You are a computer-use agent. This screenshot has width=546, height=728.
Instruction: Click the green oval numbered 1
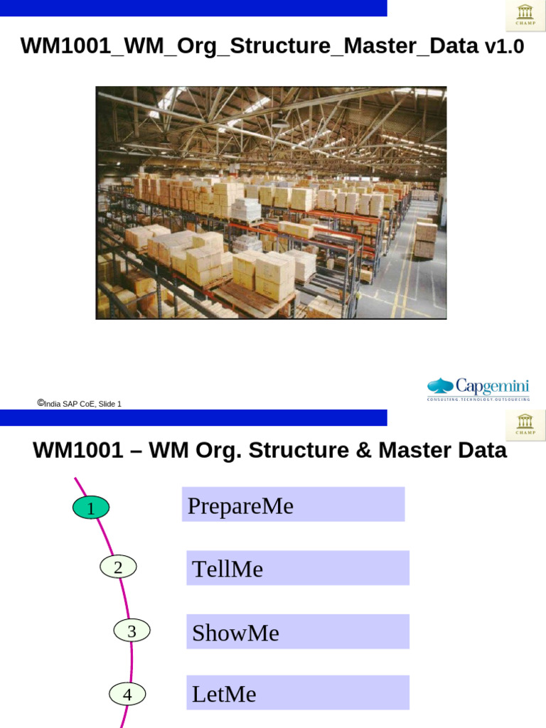click(91, 508)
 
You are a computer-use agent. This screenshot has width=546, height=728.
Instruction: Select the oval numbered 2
click(118, 567)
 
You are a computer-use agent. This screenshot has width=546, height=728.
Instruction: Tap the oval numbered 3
click(132, 631)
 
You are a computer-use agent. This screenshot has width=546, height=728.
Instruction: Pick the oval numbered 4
click(127, 694)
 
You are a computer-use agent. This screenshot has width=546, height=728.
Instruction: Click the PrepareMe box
click(293, 505)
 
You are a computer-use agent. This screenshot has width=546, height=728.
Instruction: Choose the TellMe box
click(297, 568)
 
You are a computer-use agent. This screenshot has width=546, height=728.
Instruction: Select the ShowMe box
click(297, 632)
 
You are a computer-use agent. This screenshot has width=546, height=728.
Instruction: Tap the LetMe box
click(297, 693)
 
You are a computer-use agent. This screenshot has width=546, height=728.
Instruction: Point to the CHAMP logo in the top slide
click(526, 16)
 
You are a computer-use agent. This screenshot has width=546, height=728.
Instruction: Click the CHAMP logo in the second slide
click(526, 424)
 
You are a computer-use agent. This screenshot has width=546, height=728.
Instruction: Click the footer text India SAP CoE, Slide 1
click(82, 404)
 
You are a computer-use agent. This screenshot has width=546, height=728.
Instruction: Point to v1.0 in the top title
click(504, 47)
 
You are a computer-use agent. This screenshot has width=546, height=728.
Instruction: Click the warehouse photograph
click(271, 203)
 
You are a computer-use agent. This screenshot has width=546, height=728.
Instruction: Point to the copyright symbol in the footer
click(41, 403)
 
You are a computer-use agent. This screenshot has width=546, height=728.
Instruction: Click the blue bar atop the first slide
click(193, 8)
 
